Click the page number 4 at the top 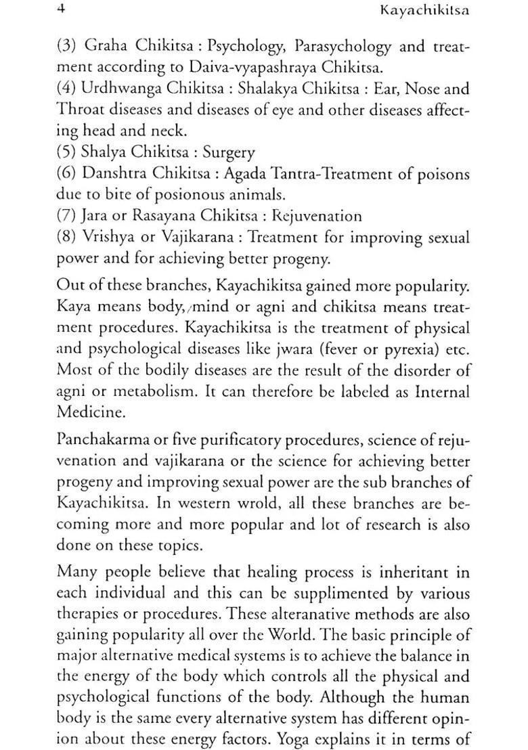pos(60,10)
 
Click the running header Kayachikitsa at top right pos(424,11)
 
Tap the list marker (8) pos(66,238)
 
